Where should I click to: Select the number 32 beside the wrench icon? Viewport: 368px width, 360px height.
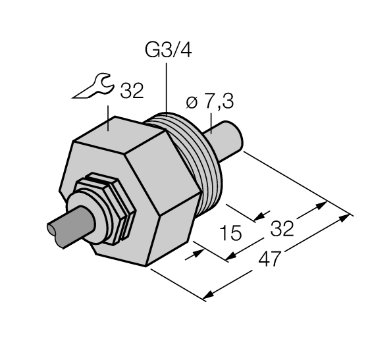pos(132,91)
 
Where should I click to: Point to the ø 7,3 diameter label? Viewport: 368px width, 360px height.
pos(209,103)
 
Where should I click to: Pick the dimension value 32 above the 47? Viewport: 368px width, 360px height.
pos(282,228)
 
